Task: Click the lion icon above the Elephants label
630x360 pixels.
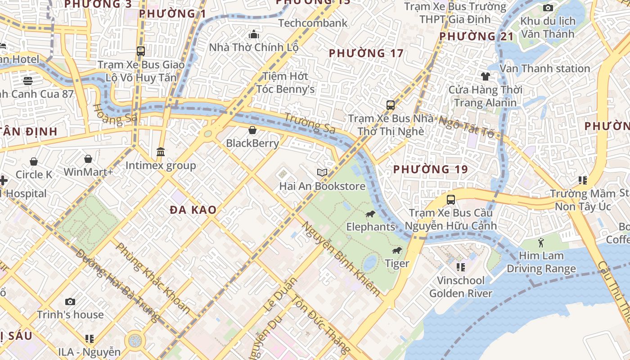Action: [x=370, y=214]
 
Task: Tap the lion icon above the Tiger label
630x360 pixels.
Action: [x=396, y=251]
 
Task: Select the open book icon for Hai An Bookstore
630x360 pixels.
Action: [x=322, y=173]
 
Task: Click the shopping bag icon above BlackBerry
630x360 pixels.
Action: [x=252, y=130]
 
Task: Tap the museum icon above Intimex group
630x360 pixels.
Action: [x=161, y=152]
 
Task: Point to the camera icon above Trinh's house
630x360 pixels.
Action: [x=70, y=301]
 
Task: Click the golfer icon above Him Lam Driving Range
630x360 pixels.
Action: [x=541, y=243]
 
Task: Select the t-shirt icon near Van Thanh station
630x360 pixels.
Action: [x=485, y=76]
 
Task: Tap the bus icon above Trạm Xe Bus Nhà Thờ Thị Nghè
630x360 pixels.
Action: [x=390, y=105]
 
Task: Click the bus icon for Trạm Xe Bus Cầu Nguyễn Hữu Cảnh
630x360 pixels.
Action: [x=450, y=199]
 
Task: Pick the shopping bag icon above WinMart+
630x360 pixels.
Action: [x=88, y=159]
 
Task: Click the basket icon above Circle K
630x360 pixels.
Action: [x=34, y=161]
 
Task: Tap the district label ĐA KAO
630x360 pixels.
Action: [x=193, y=210]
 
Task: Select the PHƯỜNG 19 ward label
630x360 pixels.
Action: [x=430, y=170]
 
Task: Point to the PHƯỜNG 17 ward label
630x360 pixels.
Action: [x=366, y=53]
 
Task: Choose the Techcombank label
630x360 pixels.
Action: [x=313, y=23]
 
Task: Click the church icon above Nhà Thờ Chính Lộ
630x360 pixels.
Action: [x=254, y=34]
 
